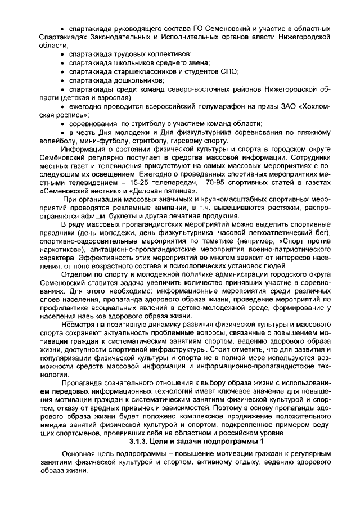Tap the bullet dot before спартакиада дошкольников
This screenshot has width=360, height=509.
pyautogui.click(x=63, y=80)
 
